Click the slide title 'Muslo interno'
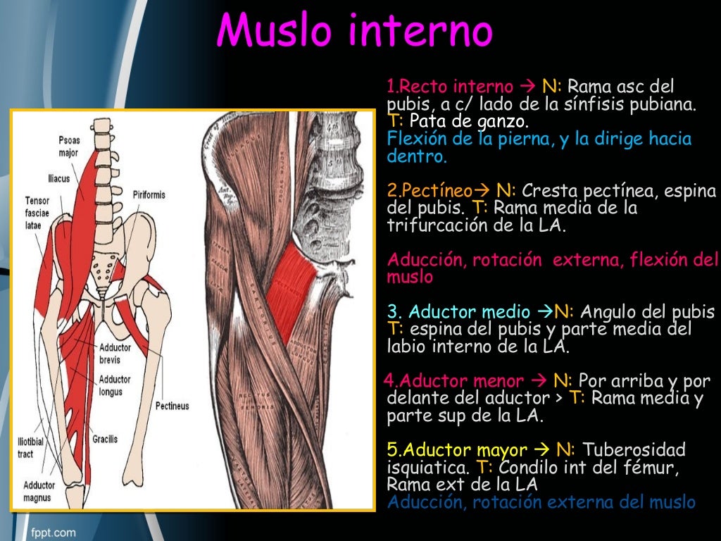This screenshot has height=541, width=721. point(354,31)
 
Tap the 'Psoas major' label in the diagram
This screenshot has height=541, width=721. point(69,146)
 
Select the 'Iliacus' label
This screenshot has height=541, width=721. point(59,179)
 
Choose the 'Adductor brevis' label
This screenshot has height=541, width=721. point(115,352)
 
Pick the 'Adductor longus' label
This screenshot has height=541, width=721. point(115,385)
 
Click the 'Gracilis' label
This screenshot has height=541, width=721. point(105,439)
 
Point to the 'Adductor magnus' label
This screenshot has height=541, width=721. point(39,490)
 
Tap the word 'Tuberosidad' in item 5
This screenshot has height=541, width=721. point(635,450)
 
